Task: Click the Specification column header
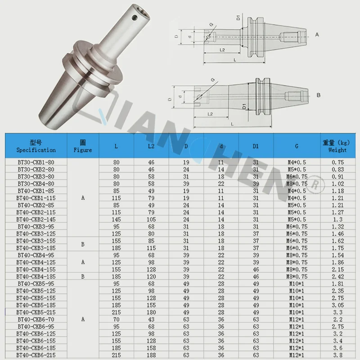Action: click(x=36, y=146)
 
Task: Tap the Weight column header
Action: click(x=337, y=146)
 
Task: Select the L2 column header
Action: click(x=151, y=146)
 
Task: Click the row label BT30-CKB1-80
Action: click(x=36, y=162)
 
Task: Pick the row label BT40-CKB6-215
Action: click(x=36, y=355)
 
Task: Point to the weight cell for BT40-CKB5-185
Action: click(x=338, y=305)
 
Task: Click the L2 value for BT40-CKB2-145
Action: click(x=151, y=220)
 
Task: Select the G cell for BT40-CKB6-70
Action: click(x=297, y=319)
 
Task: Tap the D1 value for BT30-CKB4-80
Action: click(x=256, y=184)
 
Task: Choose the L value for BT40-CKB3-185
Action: click(x=117, y=248)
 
